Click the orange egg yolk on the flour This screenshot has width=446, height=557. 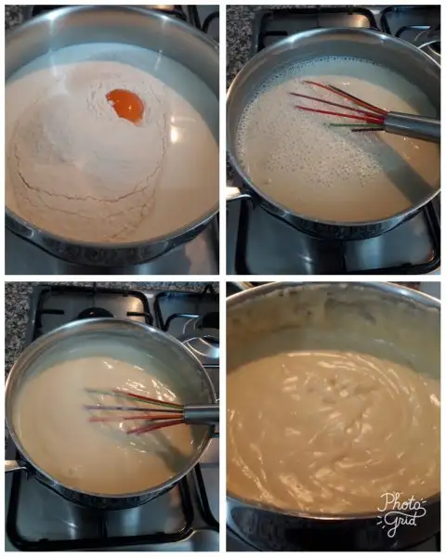click(125, 106)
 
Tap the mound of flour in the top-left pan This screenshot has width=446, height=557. click(89, 149)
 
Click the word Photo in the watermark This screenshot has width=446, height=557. click(401, 501)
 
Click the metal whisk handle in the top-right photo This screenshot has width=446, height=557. click(411, 125)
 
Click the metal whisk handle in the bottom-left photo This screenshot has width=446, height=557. click(200, 416)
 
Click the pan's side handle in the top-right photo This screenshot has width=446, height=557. click(236, 195)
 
